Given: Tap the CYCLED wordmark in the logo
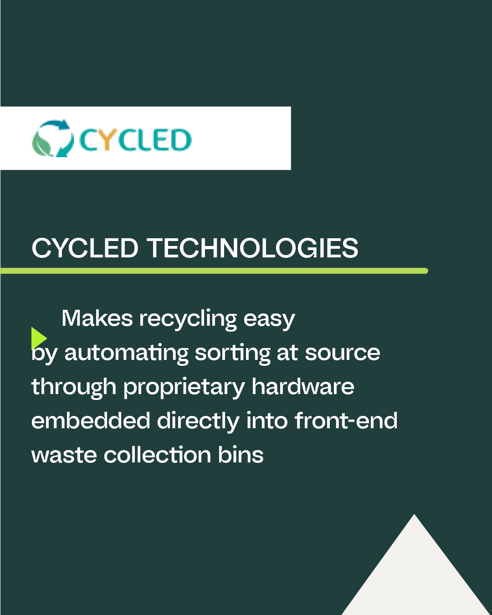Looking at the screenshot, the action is coord(135,140).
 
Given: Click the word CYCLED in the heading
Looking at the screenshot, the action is coord(85,248).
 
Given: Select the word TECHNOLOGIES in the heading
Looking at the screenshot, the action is coord(252,248).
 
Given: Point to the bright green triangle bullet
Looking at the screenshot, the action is coord(38,338).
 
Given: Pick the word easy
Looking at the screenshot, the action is coord(269,319).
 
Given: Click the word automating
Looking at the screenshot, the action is coord(126,353).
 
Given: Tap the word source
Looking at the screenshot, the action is coord(343,353).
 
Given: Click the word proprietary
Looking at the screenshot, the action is coord(184,387).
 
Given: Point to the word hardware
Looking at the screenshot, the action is coord(303,386).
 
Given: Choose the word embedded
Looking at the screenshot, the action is coord(91,420).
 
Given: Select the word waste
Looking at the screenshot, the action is coord(64,455).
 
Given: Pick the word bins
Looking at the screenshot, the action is coord(241,455).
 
